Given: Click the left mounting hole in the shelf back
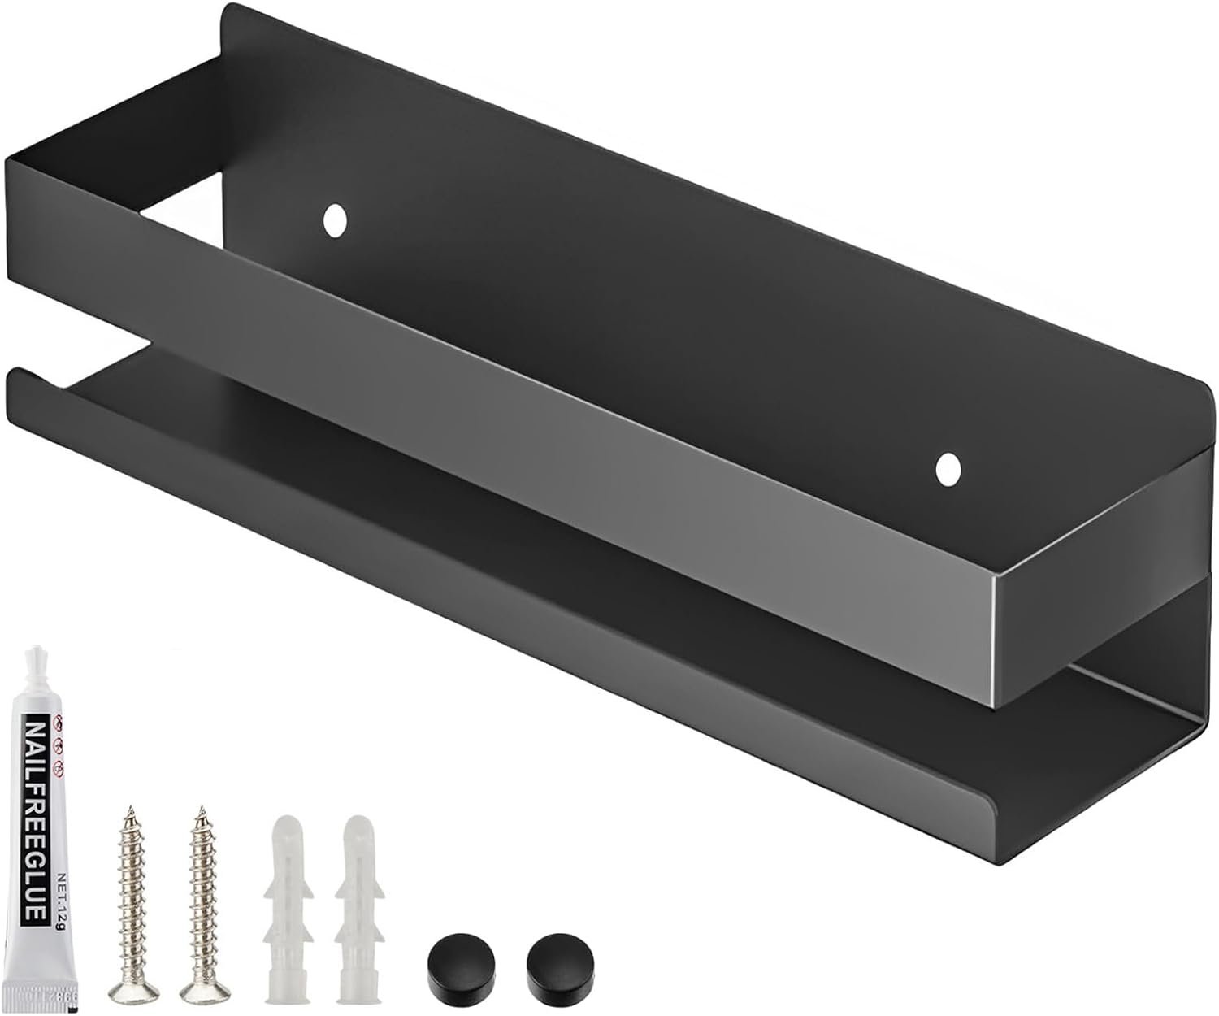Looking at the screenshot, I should tap(333, 219).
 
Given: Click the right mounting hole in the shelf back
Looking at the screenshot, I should tap(947, 469).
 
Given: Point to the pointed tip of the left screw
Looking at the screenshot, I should tap(128, 808).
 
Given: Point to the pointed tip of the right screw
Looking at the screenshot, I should tap(197, 808).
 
